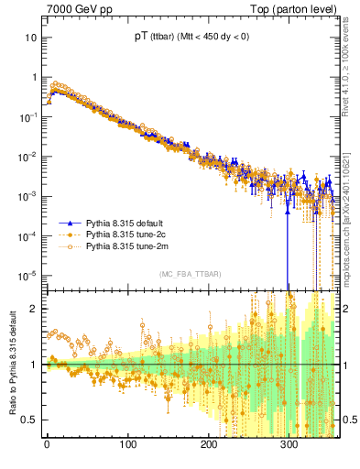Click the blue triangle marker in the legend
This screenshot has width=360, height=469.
70,224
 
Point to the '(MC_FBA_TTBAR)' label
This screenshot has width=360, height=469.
188,275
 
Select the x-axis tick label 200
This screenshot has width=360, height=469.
209,446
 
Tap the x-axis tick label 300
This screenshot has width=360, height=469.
289,446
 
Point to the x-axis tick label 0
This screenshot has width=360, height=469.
47,446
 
